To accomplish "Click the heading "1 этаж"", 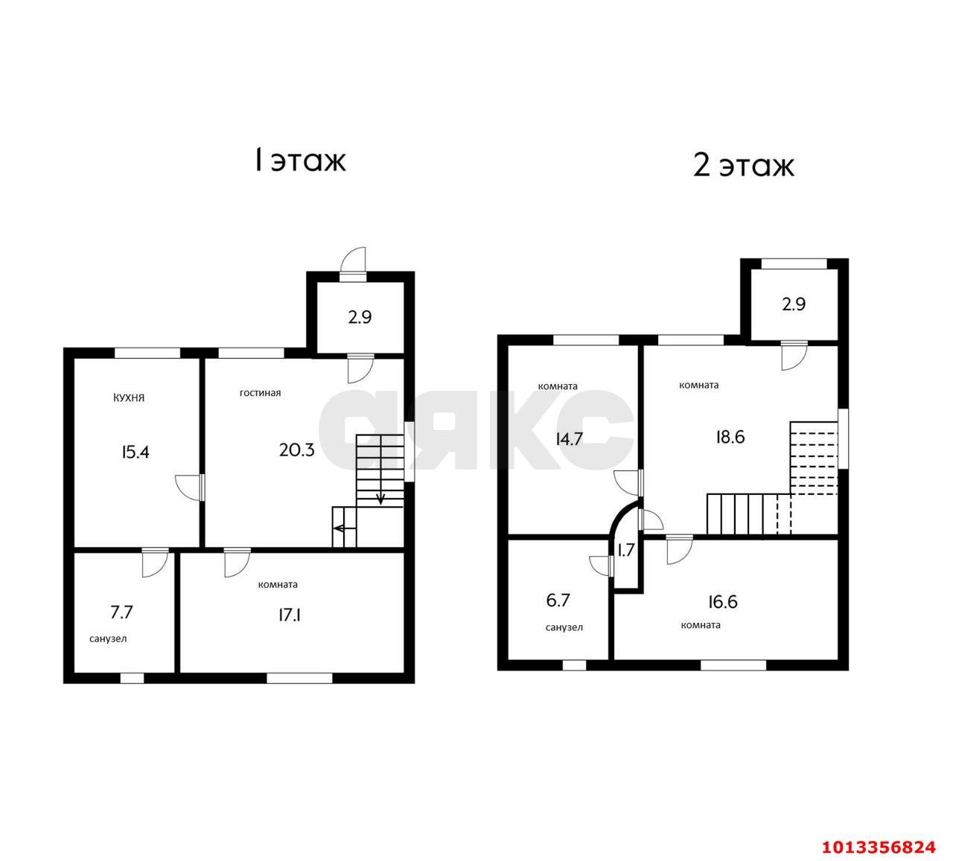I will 300,160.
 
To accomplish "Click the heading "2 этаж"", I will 743,165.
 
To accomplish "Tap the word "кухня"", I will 129,397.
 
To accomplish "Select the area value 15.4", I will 136,451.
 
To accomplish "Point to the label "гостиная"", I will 260,392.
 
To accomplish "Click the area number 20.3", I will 296,449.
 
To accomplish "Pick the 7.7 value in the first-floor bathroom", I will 122,612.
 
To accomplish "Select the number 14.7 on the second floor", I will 570,438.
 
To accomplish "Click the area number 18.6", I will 730,437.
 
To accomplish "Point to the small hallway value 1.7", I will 625,551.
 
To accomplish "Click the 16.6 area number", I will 722,601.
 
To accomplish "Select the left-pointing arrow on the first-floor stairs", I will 341,528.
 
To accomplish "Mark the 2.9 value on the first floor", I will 360,317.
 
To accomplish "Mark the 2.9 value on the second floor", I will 794,304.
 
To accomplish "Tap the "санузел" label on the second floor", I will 564,627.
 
